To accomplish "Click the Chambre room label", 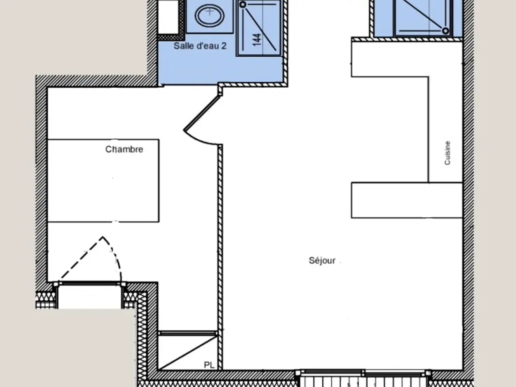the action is point(124,149).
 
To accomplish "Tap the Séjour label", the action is point(322,261).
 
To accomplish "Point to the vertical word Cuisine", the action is point(447,153).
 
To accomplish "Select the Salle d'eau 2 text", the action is point(200,46).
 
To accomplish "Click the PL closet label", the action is point(209,365).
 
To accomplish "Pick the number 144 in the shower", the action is point(257,39).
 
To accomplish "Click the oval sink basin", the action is point(210,15).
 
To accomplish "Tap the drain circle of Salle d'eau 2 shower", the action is point(243,5).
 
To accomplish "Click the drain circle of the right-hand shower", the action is point(445,31).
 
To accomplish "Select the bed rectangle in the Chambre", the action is point(103,181).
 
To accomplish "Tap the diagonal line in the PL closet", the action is point(187,351).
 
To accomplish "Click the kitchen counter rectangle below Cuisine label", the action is point(407,200).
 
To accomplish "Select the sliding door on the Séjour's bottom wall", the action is point(364,373).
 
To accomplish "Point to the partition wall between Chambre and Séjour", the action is point(220,257).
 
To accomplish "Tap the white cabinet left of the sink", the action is point(168,16).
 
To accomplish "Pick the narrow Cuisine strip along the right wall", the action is point(446,129).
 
